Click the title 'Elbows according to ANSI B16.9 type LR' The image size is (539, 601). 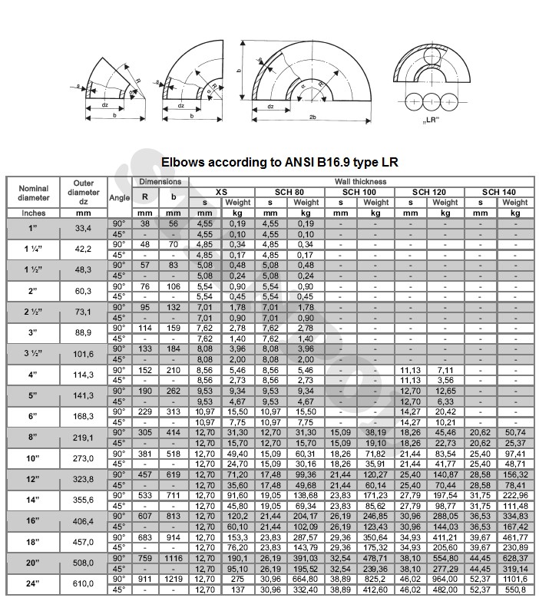pos(279,162)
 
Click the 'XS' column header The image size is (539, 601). pos(221,192)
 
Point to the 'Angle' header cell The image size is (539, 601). pos(120,196)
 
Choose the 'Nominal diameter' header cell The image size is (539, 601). pos(33,193)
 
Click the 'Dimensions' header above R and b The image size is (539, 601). pos(160,182)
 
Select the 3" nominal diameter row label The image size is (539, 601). pos(33,332)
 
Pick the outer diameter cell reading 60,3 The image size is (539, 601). pos(83,291)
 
